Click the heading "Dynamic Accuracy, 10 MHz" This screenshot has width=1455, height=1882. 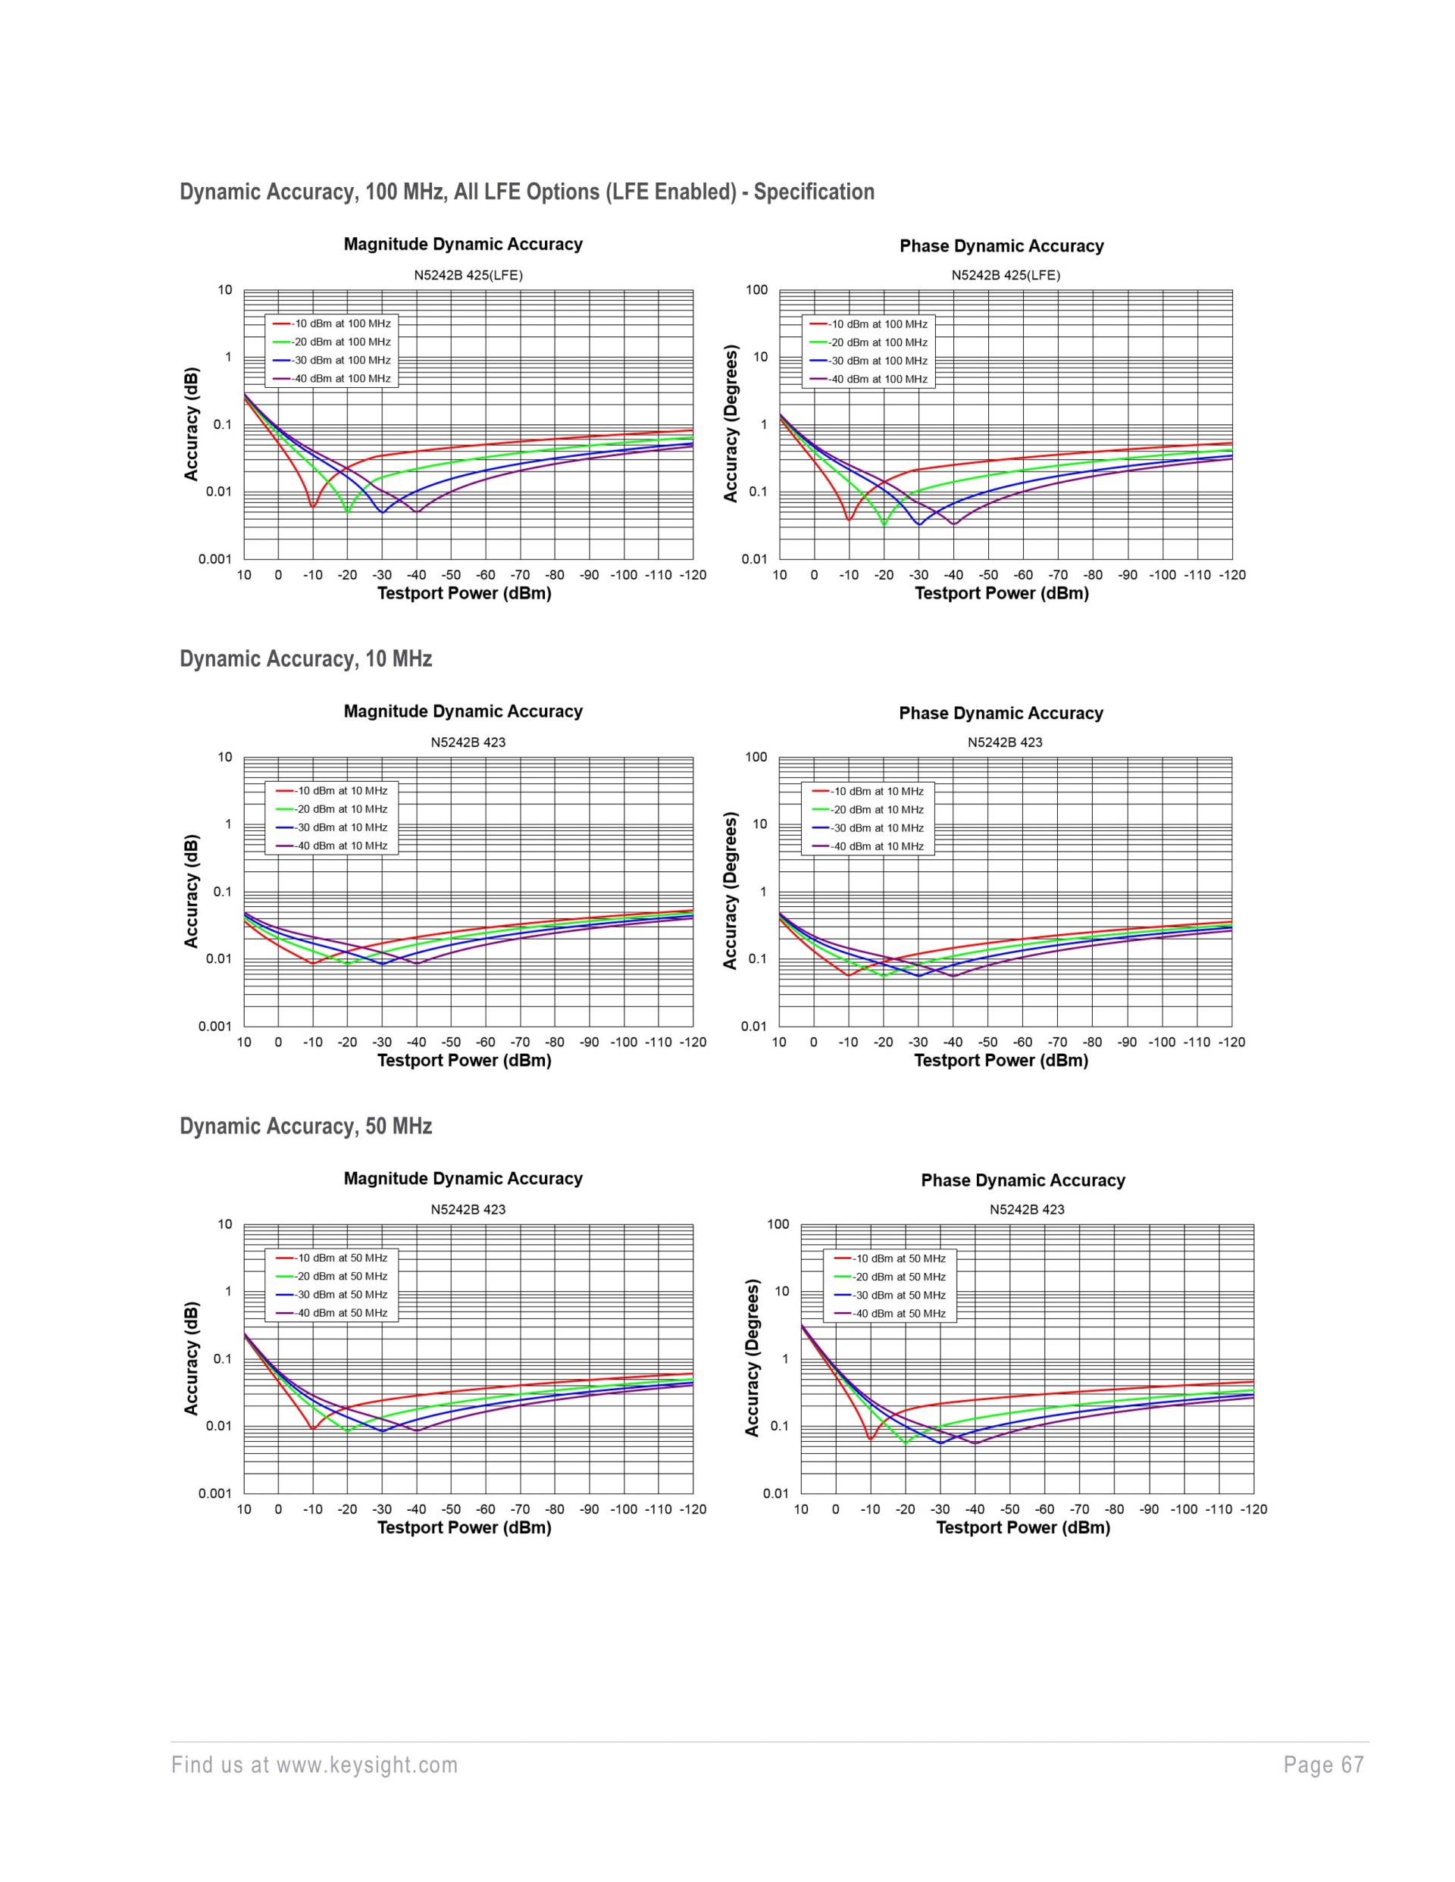(x=305, y=659)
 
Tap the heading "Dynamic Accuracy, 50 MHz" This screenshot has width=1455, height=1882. (x=305, y=1127)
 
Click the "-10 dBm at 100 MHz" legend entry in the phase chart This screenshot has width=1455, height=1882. (x=878, y=324)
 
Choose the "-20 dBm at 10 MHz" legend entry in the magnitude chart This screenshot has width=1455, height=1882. (x=339, y=809)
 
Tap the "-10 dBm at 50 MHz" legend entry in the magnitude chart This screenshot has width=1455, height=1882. (x=339, y=1258)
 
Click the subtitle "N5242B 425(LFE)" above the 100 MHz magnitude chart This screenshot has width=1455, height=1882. (x=468, y=276)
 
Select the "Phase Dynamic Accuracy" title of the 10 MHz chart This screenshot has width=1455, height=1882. (x=1001, y=714)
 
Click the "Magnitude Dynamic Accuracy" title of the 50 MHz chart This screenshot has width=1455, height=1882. (x=463, y=1179)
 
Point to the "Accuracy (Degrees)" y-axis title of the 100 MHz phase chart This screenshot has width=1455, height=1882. (x=731, y=424)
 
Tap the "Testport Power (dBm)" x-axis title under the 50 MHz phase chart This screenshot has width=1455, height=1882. (x=1022, y=1528)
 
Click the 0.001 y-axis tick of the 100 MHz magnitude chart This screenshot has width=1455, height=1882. (x=214, y=559)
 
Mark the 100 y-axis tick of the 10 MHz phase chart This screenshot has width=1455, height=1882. (x=756, y=758)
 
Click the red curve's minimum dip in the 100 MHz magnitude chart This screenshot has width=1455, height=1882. (x=313, y=507)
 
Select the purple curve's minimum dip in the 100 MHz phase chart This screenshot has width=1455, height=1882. (x=953, y=524)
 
